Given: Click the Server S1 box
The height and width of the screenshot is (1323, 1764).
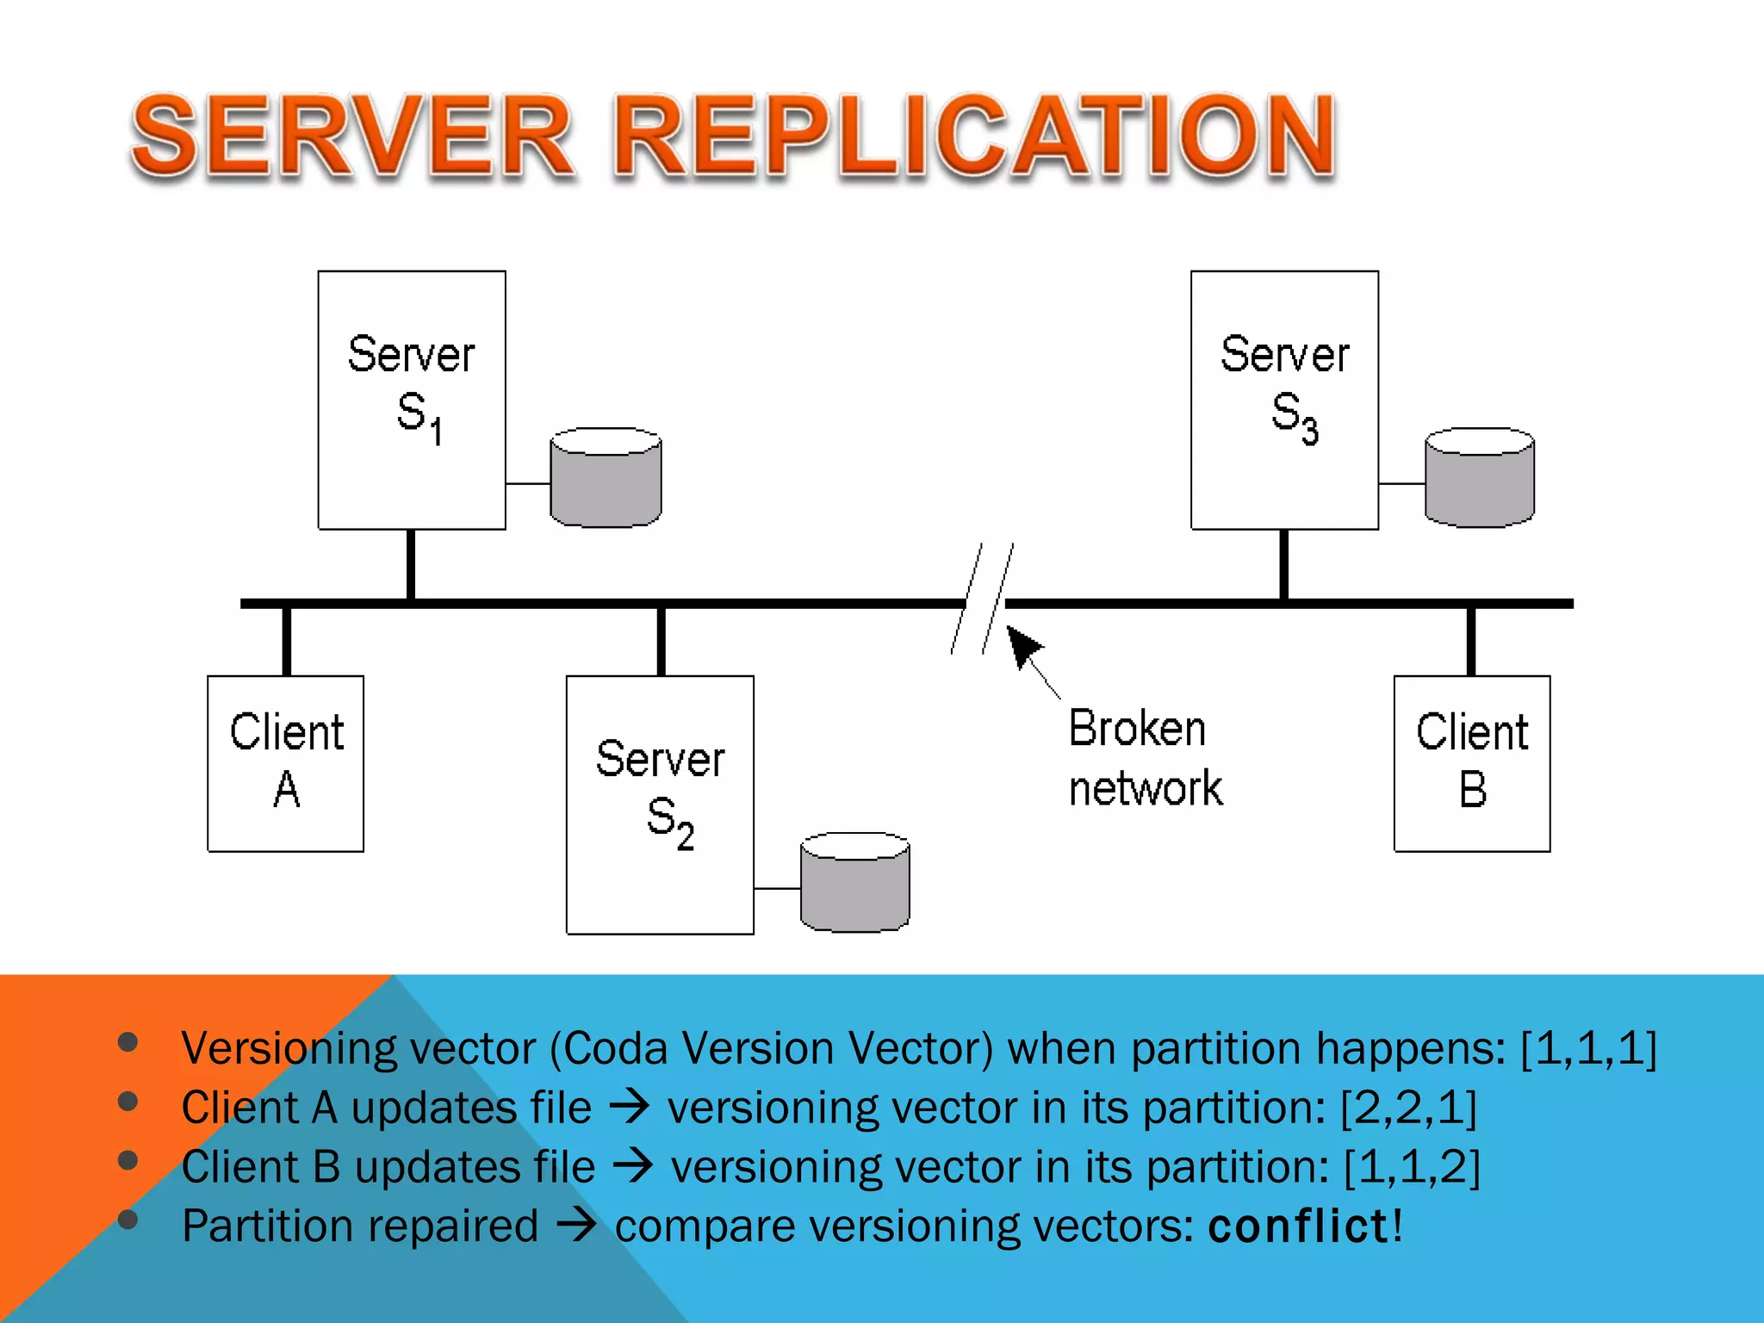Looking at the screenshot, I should pyautogui.click(x=412, y=400).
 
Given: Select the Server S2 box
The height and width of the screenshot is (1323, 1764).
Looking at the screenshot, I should pyautogui.click(x=660, y=804).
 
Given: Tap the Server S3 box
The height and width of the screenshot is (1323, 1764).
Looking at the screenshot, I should pyautogui.click(x=1284, y=400).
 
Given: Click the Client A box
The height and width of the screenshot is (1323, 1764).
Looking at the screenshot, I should pyautogui.click(x=286, y=763).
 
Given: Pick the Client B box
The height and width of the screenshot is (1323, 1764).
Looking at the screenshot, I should pyautogui.click(x=1472, y=763).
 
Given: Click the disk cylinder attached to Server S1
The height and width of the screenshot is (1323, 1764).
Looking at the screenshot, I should pyautogui.click(x=606, y=477).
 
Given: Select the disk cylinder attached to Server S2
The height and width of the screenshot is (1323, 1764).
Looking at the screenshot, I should pyautogui.click(x=854, y=882).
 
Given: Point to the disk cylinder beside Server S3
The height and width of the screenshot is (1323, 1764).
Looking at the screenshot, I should pyautogui.click(x=1479, y=477).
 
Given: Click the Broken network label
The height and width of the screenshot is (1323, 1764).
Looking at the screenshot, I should pyautogui.click(x=1144, y=758).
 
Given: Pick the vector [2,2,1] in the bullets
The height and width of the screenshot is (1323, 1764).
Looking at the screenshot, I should pyautogui.click(x=1408, y=1108).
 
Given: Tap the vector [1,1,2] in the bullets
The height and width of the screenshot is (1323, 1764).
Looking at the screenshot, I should pyautogui.click(x=1412, y=1167).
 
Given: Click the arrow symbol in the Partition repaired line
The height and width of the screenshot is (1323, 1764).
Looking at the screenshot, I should pyautogui.click(x=576, y=1225).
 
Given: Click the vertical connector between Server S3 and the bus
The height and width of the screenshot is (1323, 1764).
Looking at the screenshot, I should pyautogui.click(x=1283, y=564).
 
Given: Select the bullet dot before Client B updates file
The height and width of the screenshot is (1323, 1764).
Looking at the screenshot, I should pyautogui.click(x=128, y=1160).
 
